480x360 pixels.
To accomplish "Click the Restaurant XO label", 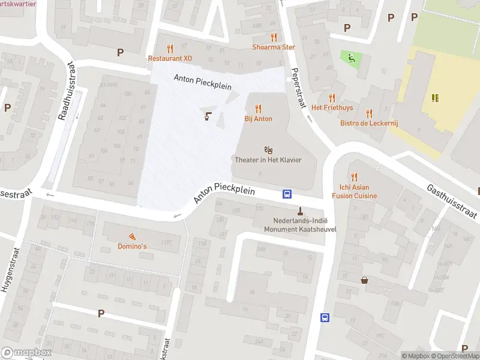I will pyautogui.click(x=170, y=58).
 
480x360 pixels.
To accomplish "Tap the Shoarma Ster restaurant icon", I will pyautogui.click(x=274, y=37).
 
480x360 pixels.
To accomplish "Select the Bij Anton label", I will pyautogui.click(x=258, y=119).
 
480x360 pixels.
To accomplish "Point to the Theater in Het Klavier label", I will pyautogui.click(x=268, y=160).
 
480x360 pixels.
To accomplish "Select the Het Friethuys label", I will pyautogui.click(x=332, y=108).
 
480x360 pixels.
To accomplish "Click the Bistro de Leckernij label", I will pyautogui.click(x=369, y=123).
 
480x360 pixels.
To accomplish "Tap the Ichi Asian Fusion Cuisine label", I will pyautogui.click(x=354, y=191).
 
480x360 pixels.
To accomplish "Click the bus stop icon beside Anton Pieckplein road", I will pyautogui.click(x=287, y=194).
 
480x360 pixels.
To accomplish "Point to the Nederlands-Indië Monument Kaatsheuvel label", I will pyautogui.click(x=300, y=225).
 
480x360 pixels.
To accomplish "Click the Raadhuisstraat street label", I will pyautogui.click(x=67, y=90).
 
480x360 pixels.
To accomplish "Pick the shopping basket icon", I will pyautogui.click(x=364, y=280).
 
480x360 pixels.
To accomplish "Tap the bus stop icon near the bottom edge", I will pyautogui.click(x=325, y=317).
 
